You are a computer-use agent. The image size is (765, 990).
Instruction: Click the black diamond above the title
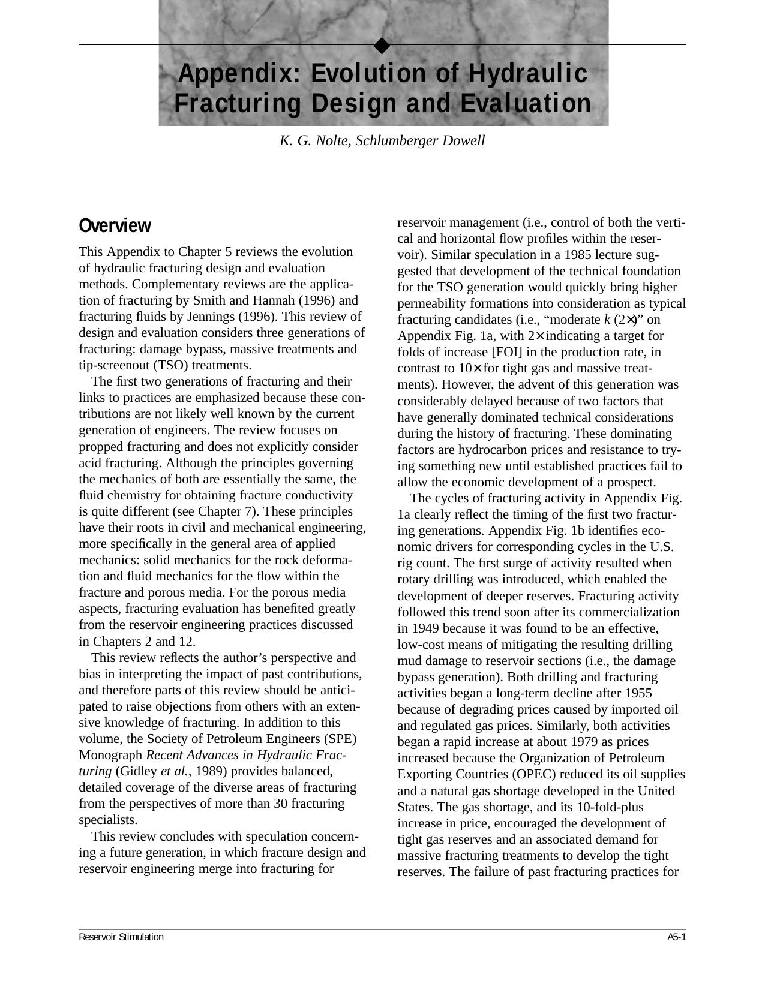point(382,46)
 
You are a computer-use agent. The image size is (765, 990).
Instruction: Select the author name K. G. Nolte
point(315,141)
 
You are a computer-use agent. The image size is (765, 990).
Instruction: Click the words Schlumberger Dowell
point(420,141)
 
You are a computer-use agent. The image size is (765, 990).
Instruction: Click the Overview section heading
point(115,226)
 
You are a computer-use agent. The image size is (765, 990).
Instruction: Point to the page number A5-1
point(676,937)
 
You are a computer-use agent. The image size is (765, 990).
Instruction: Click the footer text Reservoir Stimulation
point(121,937)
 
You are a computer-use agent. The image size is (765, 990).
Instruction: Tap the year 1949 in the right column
point(412,628)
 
